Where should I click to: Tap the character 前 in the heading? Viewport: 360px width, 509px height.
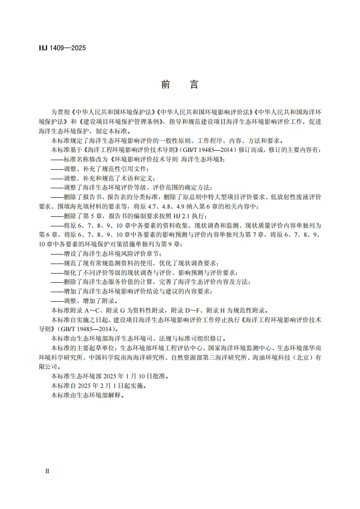[x=165, y=85]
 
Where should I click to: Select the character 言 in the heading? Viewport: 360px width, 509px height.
[x=194, y=85]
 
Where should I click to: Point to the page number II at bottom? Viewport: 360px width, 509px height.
[x=47, y=471]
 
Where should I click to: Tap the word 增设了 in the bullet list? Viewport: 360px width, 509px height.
[x=73, y=254]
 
